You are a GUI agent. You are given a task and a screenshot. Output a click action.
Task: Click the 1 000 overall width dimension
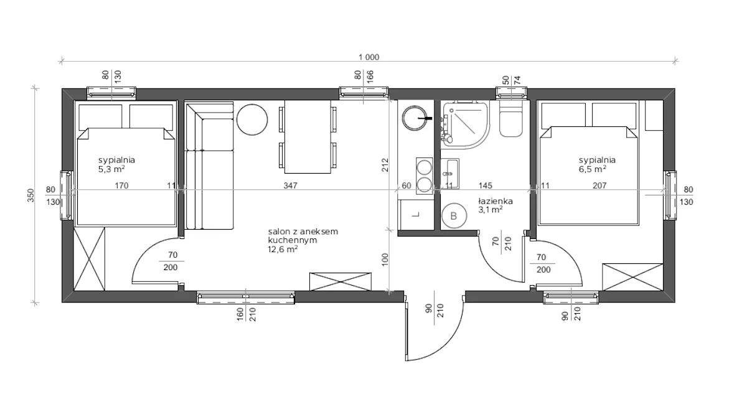click(369, 57)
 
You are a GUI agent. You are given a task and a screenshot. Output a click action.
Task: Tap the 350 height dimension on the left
click(31, 195)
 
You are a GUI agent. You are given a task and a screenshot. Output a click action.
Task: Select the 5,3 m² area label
click(111, 169)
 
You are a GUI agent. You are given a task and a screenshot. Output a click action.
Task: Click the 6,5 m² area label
click(592, 169)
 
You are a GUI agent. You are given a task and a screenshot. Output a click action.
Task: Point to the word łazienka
click(495, 201)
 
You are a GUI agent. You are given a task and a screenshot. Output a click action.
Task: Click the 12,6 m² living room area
click(283, 249)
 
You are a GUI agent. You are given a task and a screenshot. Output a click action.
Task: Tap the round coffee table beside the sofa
click(252, 119)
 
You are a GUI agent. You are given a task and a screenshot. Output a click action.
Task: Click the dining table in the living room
click(308, 137)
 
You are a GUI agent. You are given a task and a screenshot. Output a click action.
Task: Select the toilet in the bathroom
click(510, 118)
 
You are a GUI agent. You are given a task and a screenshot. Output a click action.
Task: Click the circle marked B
click(454, 216)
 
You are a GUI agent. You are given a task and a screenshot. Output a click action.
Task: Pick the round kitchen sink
click(415, 118)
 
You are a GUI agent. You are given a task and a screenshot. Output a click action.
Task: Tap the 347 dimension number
click(290, 185)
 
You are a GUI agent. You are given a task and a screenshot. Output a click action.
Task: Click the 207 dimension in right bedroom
click(599, 185)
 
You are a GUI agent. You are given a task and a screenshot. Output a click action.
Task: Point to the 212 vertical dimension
click(385, 165)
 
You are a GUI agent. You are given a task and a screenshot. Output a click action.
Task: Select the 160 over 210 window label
click(246, 314)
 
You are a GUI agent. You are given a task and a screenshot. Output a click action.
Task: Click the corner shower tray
click(465, 124)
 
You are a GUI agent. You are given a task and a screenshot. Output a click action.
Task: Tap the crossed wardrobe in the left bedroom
click(89, 259)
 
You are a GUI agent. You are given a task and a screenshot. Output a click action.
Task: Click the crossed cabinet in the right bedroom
click(632, 277)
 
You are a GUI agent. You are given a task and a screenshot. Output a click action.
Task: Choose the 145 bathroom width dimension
click(485, 185)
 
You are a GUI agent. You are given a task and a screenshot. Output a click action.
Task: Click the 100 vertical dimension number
click(385, 260)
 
